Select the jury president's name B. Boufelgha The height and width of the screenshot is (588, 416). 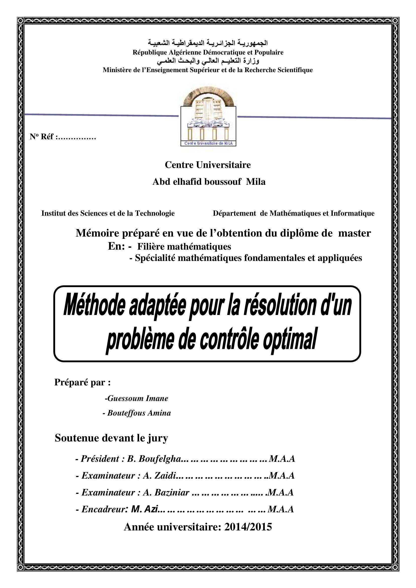(x=154, y=459)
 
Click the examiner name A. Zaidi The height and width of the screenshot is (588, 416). (x=159, y=475)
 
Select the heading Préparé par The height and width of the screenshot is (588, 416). (x=82, y=382)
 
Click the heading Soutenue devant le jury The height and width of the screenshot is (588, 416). (x=111, y=438)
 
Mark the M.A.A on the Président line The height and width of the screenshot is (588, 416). (x=282, y=459)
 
